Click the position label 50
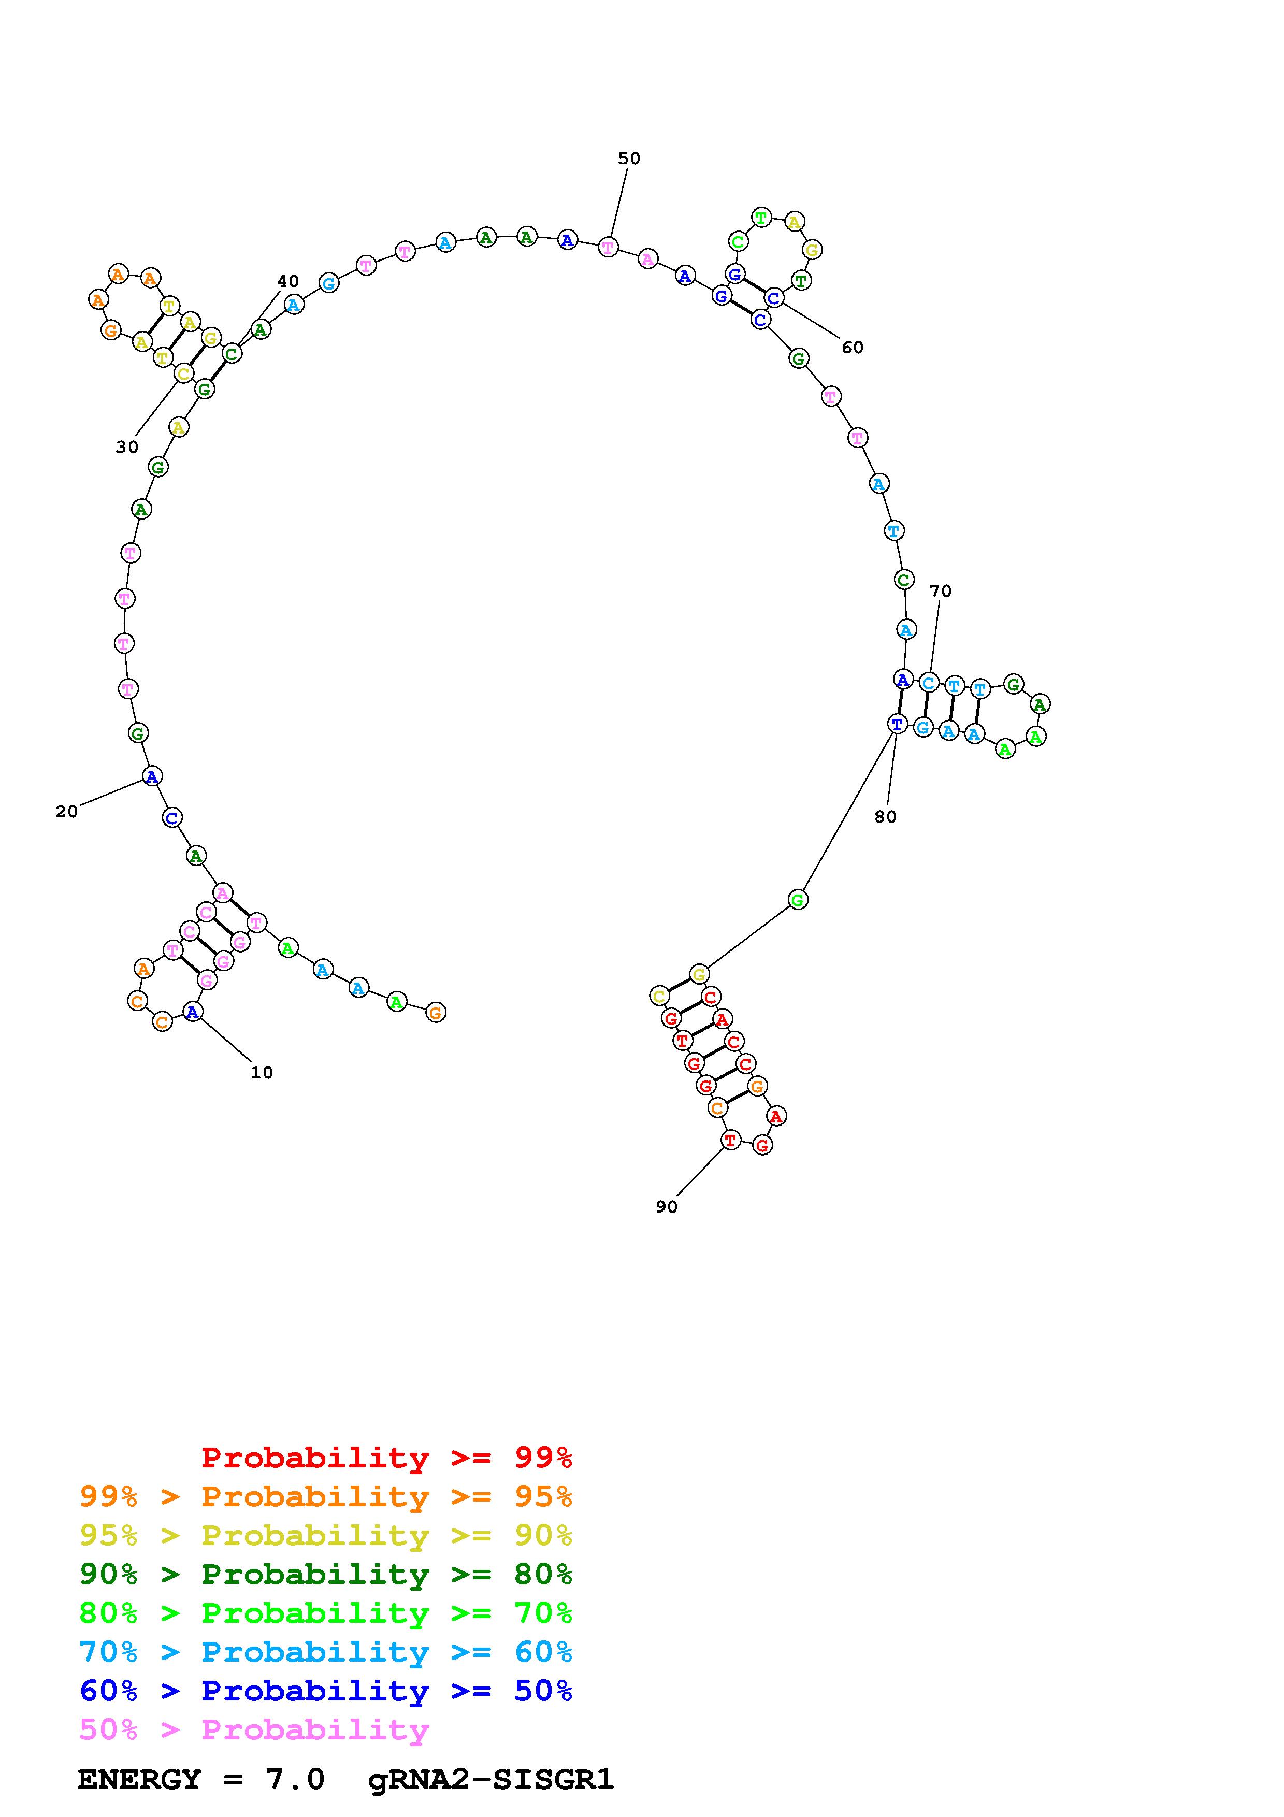click(629, 158)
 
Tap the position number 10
click(262, 1072)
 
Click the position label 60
click(853, 348)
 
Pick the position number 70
click(941, 590)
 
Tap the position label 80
click(886, 817)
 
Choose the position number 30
click(127, 447)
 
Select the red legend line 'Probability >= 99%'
click(387, 1457)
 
